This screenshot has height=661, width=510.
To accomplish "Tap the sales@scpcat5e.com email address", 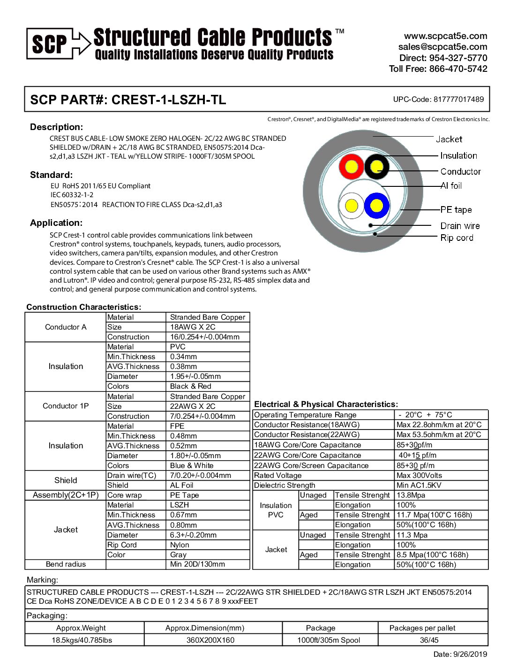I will tap(442, 47).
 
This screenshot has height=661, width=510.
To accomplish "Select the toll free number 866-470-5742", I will tap(458, 69).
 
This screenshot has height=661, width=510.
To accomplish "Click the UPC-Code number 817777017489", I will tap(458, 99).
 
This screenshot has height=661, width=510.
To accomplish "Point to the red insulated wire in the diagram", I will tap(351, 167).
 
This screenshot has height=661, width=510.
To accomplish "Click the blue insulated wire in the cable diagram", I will tap(377, 206).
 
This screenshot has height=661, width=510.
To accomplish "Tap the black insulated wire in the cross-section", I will tap(377, 167).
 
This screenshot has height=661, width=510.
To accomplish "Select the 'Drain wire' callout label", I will tap(460, 226).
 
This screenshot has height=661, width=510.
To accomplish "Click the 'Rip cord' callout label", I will tap(457, 238).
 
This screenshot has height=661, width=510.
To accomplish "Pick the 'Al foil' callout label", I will tap(451, 186).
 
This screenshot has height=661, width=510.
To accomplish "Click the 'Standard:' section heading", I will tap(52, 175).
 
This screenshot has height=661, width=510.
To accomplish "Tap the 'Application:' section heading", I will tap(56, 223).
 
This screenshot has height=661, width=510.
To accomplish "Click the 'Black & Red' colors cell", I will tap(191, 386).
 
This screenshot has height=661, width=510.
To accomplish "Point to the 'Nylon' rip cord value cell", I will tap(180, 545).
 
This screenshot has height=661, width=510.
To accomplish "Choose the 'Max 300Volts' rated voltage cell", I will tap(419, 476).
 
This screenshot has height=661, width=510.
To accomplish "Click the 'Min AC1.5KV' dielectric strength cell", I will tap(419, 485).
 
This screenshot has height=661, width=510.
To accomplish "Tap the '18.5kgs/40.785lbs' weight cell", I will tap(82, 640).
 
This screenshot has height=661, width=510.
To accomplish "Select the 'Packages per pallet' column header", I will tap(422, 628).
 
